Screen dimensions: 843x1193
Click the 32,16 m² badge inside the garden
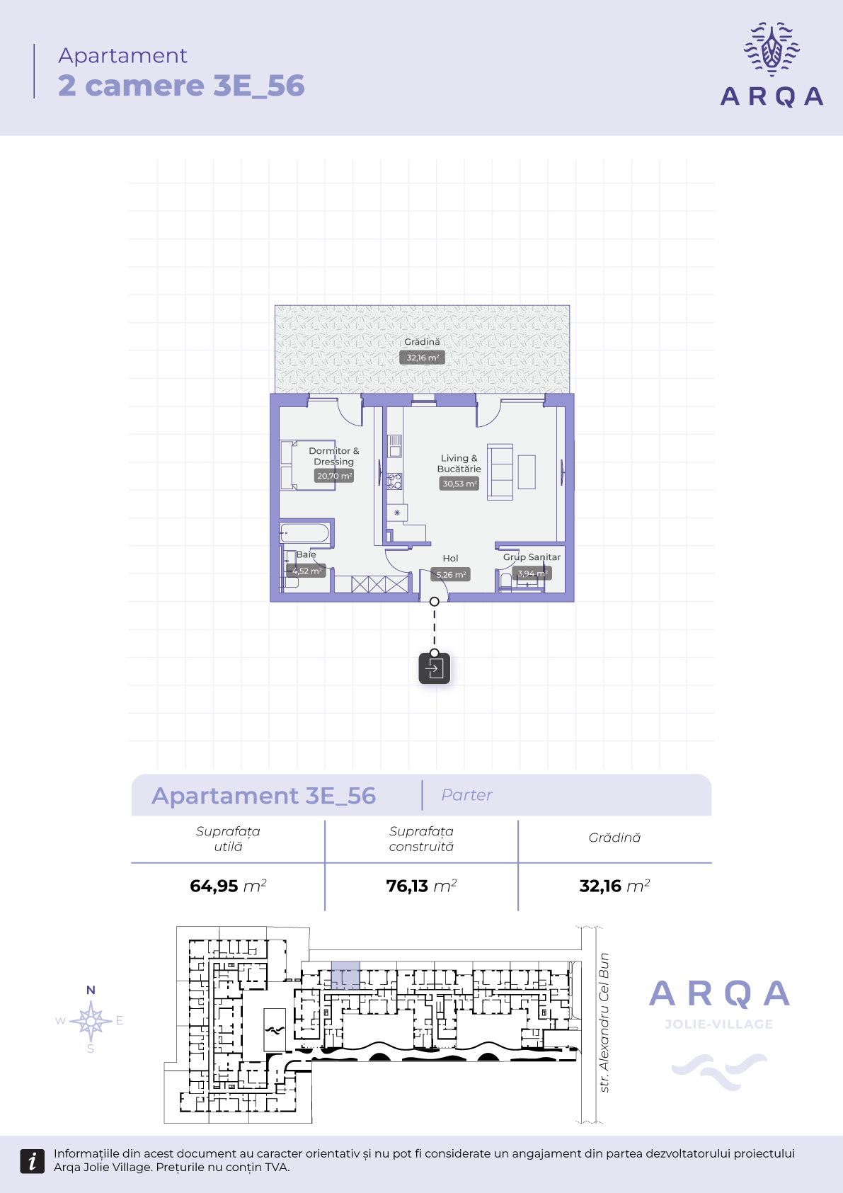coord(422,358)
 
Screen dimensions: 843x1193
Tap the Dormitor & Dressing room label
coord(334,456)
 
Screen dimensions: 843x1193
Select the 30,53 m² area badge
coord(459,484)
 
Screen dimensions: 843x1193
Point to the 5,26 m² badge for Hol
coord(451,575)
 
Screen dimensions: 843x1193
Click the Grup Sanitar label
coord(532,557)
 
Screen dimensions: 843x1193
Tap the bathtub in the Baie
coord(304,533)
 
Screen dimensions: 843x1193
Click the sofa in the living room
coord(500,472)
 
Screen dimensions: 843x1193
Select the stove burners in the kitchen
coord(395,481)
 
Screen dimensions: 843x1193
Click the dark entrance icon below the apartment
coord(435,668)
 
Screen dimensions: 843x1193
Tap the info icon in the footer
coord(32,1161)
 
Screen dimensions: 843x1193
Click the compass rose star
coord(91,1021)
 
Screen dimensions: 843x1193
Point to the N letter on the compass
coord(91,990)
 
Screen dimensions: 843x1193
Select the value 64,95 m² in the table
coord(228,886)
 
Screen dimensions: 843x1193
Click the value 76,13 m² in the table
coord(421,886)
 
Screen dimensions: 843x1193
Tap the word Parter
coord(466,795)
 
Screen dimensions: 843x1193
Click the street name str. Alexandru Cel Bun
coord(604,1022)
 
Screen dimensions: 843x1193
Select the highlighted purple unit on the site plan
coord(345,976)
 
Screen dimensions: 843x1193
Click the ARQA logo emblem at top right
coord(772,49)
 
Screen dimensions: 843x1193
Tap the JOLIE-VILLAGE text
coord(719,1024)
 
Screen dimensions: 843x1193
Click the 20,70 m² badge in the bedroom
coord(334,476)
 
